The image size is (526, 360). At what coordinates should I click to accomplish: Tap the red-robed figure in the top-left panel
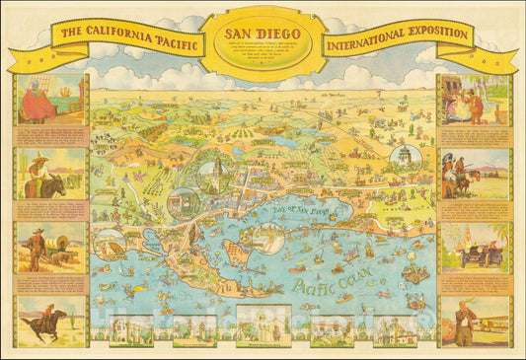(x=38, y=102)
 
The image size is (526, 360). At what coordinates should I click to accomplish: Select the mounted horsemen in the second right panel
(x=464, y=178)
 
